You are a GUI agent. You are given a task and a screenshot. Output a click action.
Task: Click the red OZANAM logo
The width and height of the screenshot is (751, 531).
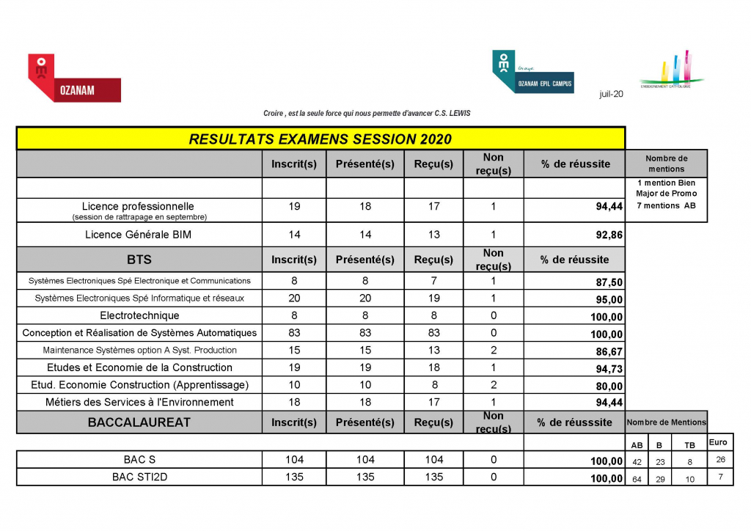(73, 78)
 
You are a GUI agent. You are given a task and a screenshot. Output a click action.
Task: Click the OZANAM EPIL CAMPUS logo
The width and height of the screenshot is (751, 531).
(532, 73)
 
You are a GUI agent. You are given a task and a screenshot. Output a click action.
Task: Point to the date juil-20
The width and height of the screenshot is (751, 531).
(611, 94)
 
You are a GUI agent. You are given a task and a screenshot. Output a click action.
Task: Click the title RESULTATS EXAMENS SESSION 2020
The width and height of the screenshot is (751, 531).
(320, 139)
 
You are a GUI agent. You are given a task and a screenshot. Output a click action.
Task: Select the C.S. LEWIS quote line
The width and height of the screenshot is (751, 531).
(367, 113)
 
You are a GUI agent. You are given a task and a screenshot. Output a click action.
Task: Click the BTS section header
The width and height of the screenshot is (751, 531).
(139, 259)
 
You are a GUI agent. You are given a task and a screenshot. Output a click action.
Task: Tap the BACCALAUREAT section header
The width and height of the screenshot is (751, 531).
(139, 422)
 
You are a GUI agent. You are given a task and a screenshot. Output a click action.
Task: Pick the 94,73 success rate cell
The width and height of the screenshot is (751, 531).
(609, 369)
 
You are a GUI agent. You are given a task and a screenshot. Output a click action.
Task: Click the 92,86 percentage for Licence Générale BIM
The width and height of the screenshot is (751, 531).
(609, 236)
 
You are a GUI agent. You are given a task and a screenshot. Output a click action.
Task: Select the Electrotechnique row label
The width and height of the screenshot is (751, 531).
(139, 316)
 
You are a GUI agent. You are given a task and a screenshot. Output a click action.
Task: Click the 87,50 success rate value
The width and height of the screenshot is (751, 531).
(609, 282)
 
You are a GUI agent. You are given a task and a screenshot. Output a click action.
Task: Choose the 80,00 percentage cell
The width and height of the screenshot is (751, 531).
(609, 387)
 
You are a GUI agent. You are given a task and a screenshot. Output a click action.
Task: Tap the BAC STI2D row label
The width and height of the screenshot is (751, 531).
(139, 477)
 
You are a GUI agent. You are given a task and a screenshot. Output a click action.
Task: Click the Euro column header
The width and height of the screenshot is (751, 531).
(718, 442)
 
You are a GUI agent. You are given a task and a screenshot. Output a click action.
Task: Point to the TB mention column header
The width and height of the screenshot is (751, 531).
(690, 444)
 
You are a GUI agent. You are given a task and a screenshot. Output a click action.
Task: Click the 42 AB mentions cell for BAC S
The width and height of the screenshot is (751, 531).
(636, 461)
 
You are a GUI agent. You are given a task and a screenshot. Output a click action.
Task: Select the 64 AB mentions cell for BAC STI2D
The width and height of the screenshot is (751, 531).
(636, 479)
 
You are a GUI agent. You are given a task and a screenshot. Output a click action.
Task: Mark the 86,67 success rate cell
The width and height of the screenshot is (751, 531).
(609, 352)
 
